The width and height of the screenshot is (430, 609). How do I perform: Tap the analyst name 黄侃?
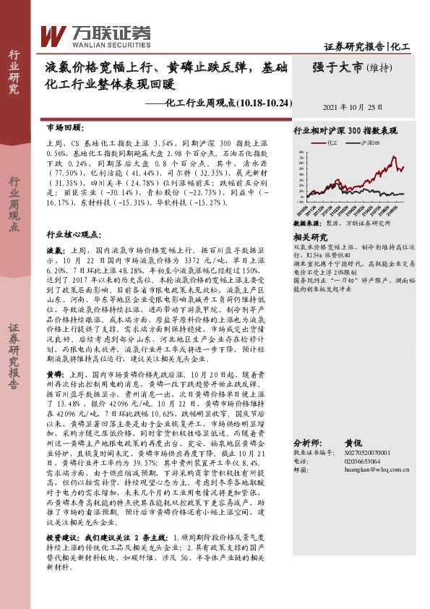tap(353, 442)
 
